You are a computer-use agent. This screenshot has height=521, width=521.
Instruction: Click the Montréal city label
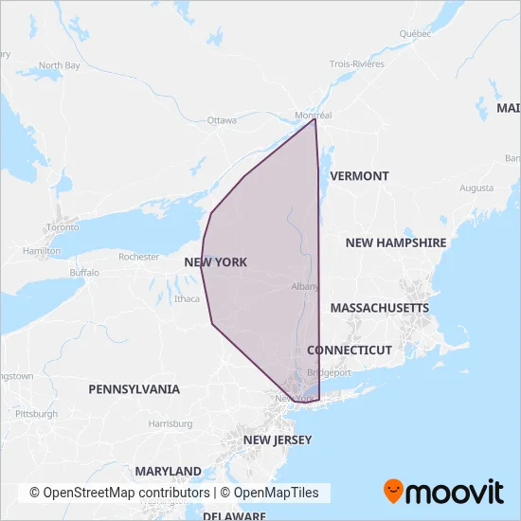tap(314, 116)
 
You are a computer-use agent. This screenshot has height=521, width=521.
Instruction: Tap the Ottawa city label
tap(221, 120)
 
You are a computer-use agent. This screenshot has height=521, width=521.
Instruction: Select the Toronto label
tap(63, 228)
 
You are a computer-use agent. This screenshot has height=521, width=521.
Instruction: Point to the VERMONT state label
tap(359, 176)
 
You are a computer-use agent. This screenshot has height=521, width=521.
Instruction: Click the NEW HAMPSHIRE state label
tap(395, 243)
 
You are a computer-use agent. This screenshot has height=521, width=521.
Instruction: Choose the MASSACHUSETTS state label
tap(379, 308)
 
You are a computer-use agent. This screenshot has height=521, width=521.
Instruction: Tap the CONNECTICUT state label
tap(349, 350)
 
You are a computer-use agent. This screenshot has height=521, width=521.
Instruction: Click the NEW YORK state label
tap(215, 261)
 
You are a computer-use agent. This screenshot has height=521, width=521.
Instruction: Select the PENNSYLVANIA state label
tap(134, 389)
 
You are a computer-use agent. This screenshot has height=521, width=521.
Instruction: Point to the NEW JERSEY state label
tap(277, 440)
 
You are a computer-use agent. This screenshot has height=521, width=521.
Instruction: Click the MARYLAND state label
tap(168, 471)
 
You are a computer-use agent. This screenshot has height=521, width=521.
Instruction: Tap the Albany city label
tap(304, 286)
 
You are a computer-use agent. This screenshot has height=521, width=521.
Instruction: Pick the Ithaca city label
tap(187, 299)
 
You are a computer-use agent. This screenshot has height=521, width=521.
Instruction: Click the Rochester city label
tap(139, 257)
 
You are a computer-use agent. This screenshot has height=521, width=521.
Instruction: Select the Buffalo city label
tap(83, 272)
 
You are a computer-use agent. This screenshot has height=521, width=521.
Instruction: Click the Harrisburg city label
tap(171, 423)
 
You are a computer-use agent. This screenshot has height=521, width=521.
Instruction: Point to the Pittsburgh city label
tap(36, 414)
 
